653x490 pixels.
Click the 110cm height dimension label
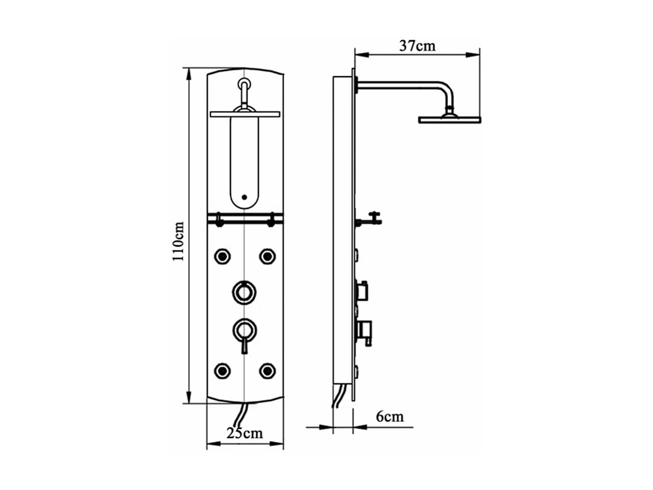178,241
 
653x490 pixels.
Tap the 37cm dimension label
417,46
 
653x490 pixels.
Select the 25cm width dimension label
244,433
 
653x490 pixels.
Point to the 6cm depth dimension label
389,417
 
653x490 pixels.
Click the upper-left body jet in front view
222,256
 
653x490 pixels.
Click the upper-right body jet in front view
267,256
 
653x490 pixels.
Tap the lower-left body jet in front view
222,371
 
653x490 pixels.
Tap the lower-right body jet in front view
267,371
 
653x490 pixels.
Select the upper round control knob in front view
244,292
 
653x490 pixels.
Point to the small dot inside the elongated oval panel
244,197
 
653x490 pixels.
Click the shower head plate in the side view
449,120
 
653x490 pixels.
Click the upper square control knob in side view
362,290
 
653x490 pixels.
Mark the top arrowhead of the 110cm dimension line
189,73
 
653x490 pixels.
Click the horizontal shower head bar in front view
245,114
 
